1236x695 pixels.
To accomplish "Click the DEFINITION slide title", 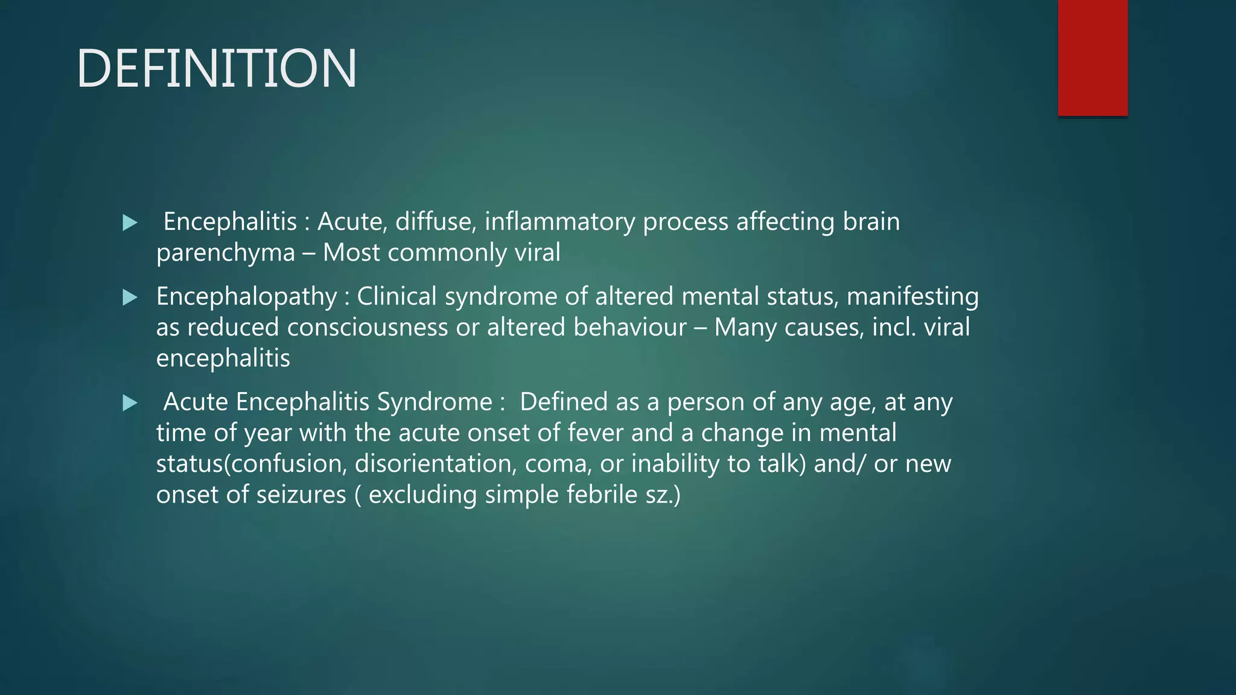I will [217, 69].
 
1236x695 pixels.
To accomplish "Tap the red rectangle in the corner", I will [1092, 58].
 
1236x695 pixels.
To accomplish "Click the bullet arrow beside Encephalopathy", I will [130, 297].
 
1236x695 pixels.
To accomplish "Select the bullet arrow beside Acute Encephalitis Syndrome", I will [130, 402].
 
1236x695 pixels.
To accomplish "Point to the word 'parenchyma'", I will [226, 253].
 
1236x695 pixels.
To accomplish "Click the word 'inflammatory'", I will [559, 221].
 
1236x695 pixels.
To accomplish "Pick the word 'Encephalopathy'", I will [246, 296].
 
